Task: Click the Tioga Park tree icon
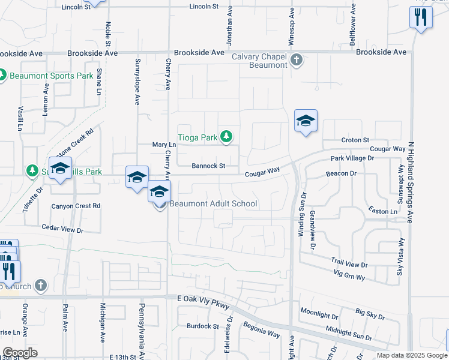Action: point(226,137)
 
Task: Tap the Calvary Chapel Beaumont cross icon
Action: point(296,60)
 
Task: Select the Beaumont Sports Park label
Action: point(51,76)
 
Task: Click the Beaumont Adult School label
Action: point(213,203)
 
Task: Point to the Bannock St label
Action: point(208,166)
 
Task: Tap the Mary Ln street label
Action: point(164,145)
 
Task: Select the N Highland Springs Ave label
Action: point(411,182)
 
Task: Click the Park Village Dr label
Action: point(352,158)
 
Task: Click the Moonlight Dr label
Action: point(320,313)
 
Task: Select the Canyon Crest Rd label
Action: point(76,206)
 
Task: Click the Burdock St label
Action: point(202,326)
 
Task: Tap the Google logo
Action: point(20,353)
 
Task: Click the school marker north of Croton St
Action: point(306,121)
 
